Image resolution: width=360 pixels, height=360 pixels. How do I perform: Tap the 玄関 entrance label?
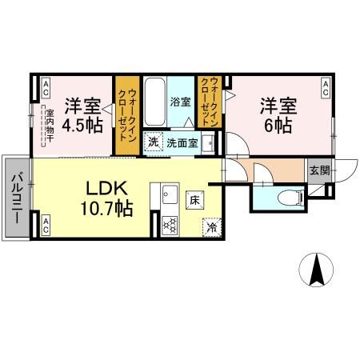(x=318, y=169)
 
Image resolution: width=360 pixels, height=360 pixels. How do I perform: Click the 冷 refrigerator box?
(x=211, y=226)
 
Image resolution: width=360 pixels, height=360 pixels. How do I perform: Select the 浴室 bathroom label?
(x=181, y=102)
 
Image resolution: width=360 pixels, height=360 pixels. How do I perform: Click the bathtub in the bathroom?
(x=154, y=102)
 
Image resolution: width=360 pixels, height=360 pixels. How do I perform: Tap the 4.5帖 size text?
(x=83, y=125)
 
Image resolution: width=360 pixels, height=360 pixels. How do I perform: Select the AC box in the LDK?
(x=46, y=225)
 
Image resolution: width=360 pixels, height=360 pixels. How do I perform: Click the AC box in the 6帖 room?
(x=326, y=88)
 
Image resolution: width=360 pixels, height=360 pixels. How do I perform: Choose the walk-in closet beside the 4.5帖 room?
(x=126, y=116)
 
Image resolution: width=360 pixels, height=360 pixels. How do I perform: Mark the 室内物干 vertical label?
(x=49, y=126)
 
